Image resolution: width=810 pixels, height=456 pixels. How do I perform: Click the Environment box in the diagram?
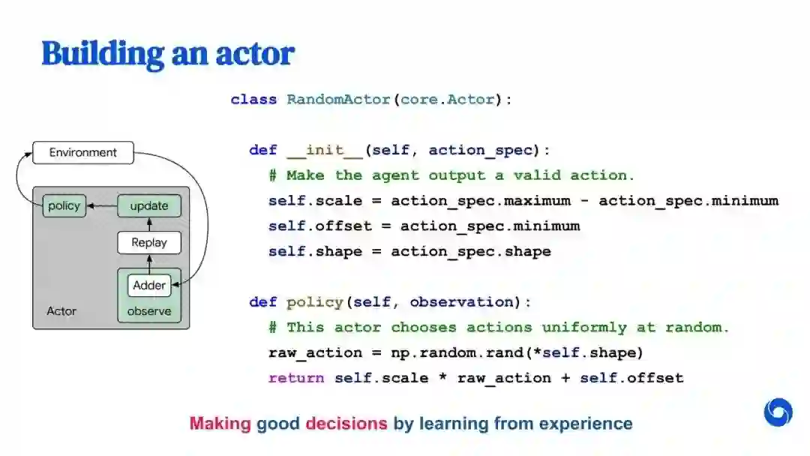82,153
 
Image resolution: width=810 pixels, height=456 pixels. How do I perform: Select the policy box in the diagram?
64,205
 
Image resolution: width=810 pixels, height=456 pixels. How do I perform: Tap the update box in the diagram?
149,205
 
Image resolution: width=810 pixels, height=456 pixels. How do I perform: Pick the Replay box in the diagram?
149,242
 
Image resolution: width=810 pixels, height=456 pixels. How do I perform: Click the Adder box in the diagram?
149,285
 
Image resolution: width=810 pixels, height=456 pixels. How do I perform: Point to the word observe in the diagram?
149,311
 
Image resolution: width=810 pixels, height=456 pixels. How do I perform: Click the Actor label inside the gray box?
61,311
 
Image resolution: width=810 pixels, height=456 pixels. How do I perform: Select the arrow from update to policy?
102,205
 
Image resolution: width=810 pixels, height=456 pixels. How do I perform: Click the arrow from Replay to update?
149,224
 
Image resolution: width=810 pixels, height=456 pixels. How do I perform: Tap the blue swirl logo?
778,412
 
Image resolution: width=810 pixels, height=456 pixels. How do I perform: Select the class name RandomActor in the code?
338,99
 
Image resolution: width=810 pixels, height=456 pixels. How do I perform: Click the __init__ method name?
325,150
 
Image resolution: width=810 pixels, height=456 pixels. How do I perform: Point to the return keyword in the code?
296,378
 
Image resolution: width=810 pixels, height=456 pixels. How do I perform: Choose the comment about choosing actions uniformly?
499,328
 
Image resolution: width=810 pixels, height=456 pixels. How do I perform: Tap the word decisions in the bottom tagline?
346,424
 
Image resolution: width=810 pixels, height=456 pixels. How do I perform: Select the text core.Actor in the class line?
448,99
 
